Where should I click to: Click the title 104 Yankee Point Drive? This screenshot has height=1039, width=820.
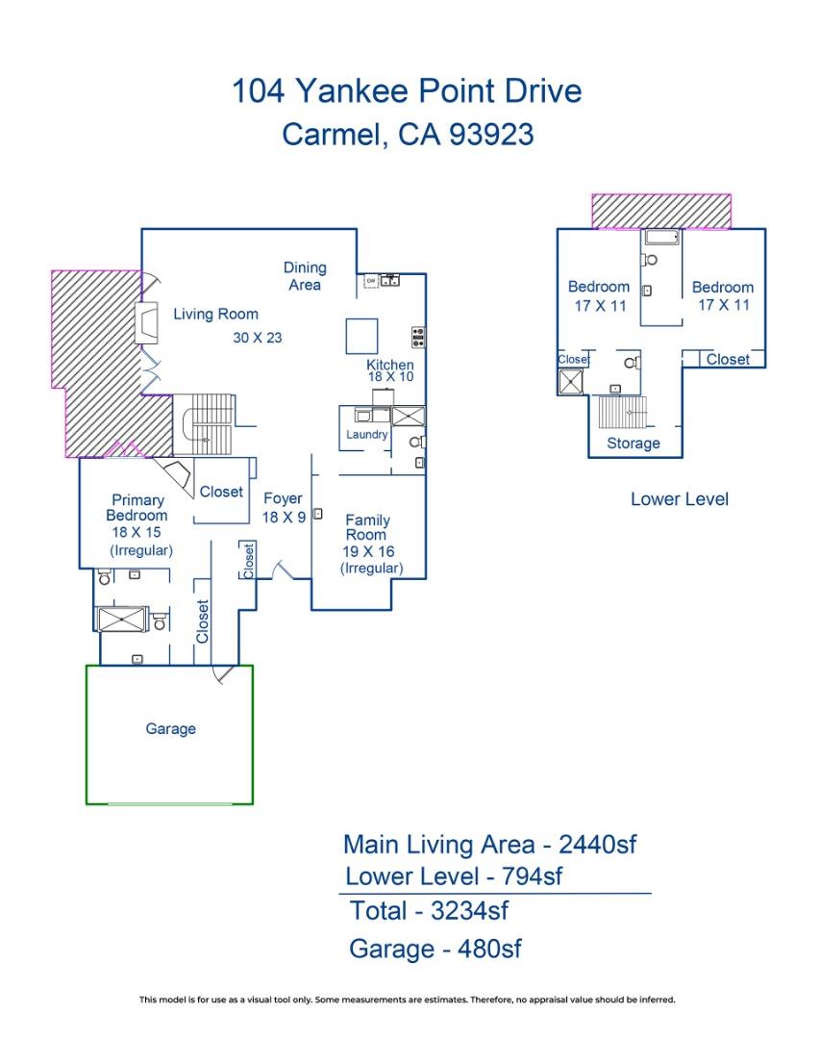(x=407, y=91)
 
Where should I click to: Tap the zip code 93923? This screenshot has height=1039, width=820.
(x=490, y=135)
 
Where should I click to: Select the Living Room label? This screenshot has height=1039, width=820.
(x=215, y=314)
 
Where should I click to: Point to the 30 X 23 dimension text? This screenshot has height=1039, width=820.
(x=257, y=338)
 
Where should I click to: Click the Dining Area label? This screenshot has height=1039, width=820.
(x=305, y=276)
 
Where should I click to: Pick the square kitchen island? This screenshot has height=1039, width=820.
(x=362, y=337)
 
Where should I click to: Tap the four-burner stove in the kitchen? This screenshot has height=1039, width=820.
(x=419, y=337)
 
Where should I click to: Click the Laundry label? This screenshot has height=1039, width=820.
(x=367, y=435)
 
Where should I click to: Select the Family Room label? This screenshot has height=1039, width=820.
(x=367, y=527)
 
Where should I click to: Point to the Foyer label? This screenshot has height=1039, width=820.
(x=283, y=499)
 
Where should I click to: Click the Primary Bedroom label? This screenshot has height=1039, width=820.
(x=137, y=508)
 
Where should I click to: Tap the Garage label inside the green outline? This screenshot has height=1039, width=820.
(x=170, y=729)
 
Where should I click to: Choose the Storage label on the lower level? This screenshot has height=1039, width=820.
(x=633, y=443)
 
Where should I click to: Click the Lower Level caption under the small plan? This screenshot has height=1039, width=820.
(x=679, y=499)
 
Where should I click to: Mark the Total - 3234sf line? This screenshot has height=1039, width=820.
(x=429, y=910)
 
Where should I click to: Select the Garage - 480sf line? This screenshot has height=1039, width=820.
(x=435, y=950)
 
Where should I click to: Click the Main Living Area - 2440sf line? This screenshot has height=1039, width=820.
(x=490, y=845)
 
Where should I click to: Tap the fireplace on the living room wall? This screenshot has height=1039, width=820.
(x=148, y=323)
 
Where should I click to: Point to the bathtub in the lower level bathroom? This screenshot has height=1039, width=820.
(x=662, y=238)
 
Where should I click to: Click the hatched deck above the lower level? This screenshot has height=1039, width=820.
(x=661, y=211)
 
